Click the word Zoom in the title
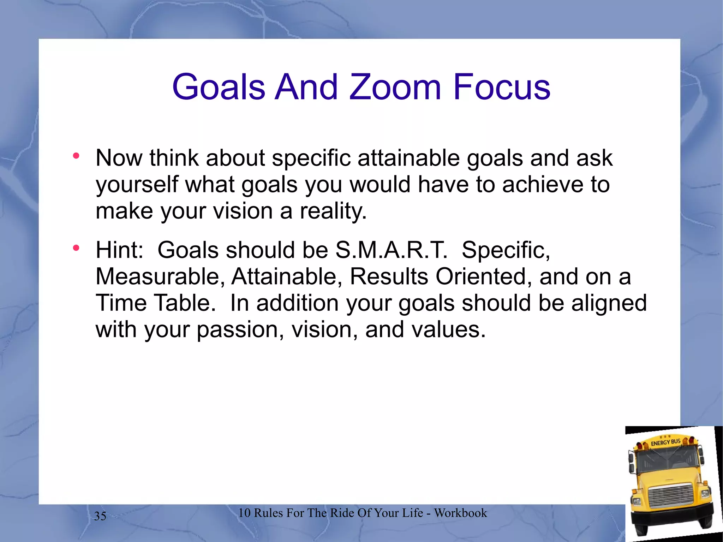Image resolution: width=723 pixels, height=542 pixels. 395,87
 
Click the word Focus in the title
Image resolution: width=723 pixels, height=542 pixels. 502,87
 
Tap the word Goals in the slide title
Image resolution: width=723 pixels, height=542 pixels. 219,87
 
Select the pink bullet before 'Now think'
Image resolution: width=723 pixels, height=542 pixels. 76,156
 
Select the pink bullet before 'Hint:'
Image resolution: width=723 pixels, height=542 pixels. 76,248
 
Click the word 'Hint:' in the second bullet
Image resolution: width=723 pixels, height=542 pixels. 120,250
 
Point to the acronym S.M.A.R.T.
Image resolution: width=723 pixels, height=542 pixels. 391,250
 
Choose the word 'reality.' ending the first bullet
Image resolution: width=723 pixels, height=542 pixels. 333,211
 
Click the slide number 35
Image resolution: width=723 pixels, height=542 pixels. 100,516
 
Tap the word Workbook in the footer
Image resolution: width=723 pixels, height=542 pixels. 460,513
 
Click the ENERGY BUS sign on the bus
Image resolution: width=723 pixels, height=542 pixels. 665,442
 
